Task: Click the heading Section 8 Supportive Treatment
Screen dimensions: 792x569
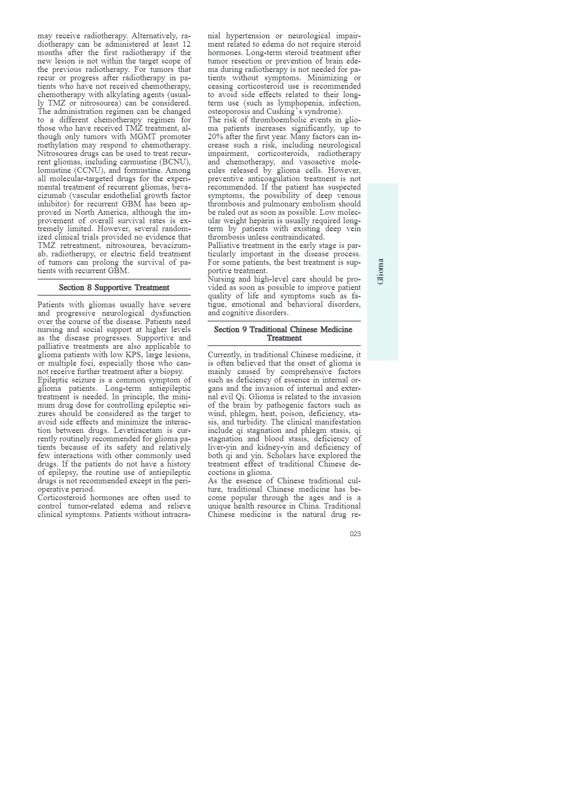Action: [114, 288]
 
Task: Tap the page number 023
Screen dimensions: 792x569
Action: [355, 534]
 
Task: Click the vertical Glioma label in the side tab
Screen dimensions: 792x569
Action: [380, 271]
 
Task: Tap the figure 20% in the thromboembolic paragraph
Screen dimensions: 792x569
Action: [216, 137]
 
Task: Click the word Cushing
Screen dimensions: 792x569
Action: [282, 112]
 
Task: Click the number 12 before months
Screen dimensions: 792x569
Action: [186, 44]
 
